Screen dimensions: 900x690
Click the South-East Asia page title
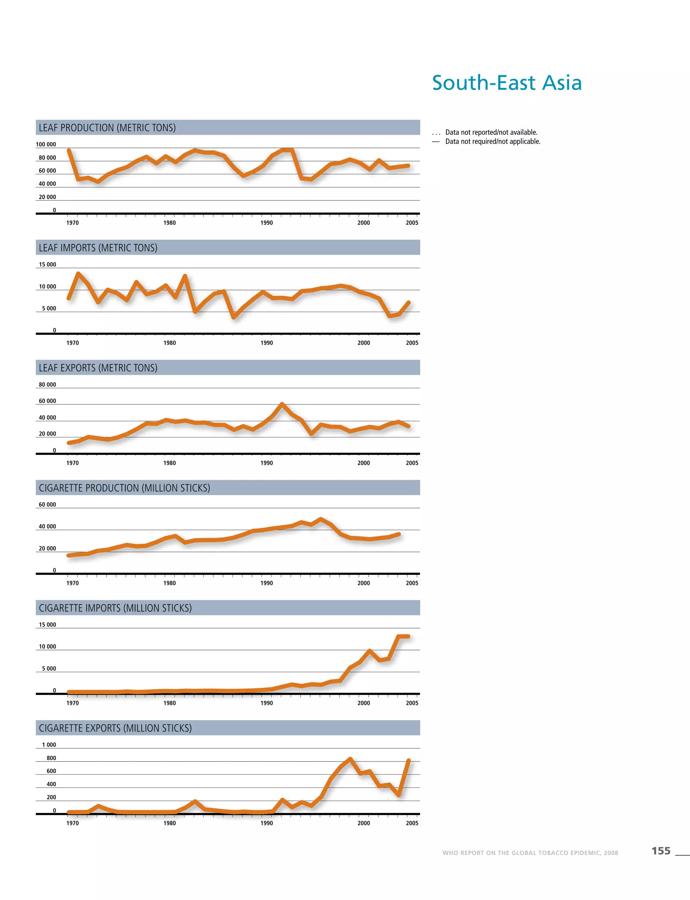(507, 83)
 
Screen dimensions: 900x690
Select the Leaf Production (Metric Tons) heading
(107, 128)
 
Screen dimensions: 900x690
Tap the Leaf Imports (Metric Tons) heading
(98, 248)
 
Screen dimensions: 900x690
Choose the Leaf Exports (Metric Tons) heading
(98, 368)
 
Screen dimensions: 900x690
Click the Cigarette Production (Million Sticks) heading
(124, 488)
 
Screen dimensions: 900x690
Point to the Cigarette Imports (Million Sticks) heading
(116, 608)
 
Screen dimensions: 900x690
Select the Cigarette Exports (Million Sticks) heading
(116, 728)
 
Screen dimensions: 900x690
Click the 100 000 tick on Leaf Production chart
(46, 145)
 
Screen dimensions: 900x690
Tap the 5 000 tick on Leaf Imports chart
(49, 309)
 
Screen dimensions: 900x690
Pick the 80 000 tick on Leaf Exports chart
(47, 385)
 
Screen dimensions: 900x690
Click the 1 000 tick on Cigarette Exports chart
(49, 745)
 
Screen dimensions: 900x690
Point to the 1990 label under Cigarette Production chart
(266, 583)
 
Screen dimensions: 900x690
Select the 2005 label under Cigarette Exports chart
(412, 823)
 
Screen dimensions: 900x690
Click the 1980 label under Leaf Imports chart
(169, 343)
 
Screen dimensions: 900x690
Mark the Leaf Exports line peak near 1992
(282, 405)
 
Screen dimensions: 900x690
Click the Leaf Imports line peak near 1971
(78, 274)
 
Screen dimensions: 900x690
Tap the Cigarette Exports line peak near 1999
(350, 759)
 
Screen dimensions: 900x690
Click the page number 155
(661, 851)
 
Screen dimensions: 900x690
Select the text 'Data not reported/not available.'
(491, 132)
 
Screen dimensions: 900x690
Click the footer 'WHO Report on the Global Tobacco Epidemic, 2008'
(530, 853)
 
